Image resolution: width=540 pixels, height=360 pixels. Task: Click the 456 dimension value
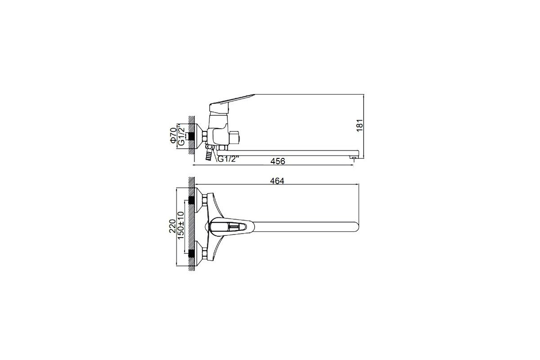point(278,161)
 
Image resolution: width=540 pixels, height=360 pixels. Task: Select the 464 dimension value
point(277,181)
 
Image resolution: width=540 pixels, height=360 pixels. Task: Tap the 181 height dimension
point(360,126)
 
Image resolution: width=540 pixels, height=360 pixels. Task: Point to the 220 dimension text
point(172,226)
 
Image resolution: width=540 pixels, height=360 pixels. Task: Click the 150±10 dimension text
point(180,225)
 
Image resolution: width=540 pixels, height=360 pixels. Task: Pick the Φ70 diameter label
point(173,135)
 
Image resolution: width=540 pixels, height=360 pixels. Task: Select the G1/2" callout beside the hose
point(228,159)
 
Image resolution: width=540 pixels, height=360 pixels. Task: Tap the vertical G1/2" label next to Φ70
point(181,135)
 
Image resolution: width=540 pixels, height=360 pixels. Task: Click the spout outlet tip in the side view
point(353,158)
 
